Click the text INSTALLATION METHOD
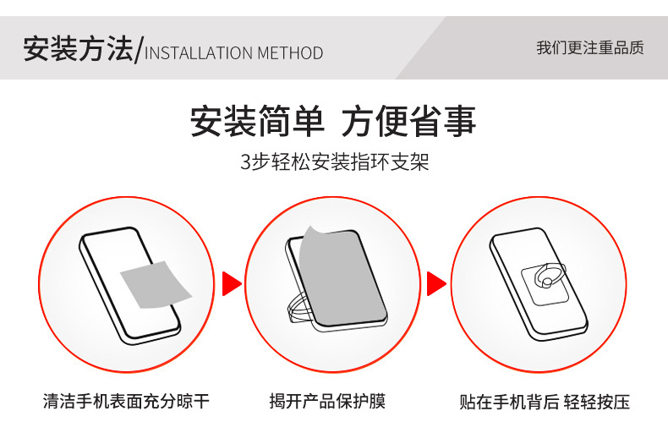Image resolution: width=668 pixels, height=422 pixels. (234, 53)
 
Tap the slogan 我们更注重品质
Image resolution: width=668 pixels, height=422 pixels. (589, 47)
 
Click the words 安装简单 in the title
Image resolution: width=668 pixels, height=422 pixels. (257, 122)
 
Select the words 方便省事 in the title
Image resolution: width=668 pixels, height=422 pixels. (409, 122)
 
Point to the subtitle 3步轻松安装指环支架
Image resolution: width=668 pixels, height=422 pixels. (335, 162)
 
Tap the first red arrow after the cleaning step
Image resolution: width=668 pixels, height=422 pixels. (231, 284)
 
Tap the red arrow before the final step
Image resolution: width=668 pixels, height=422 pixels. (435, 284)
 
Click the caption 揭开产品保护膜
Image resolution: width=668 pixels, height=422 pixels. (332, 401)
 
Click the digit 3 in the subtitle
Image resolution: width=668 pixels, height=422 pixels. (246, 162)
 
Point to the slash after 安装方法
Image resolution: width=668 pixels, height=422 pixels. (140, 50)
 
